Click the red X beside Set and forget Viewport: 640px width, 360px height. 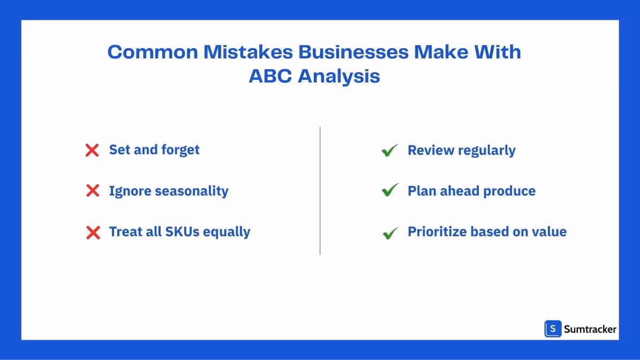point(92,151)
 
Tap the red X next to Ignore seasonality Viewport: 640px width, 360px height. point(93,191)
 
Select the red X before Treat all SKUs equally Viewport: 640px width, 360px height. point(93,232)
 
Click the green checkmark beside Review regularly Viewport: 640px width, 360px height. point(389,151)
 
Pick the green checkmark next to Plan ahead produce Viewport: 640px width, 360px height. point(390,190)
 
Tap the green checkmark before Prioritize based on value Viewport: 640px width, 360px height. point(390,233)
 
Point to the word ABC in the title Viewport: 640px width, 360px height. point(270,76)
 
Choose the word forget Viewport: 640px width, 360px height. point(179,150)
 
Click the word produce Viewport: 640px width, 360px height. point(509,191)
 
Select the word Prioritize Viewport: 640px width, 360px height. point(436,232)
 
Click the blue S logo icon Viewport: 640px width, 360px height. point(553,329)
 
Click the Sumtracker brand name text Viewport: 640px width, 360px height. point(590,329)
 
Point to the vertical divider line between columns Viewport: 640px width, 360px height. point(320,191)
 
